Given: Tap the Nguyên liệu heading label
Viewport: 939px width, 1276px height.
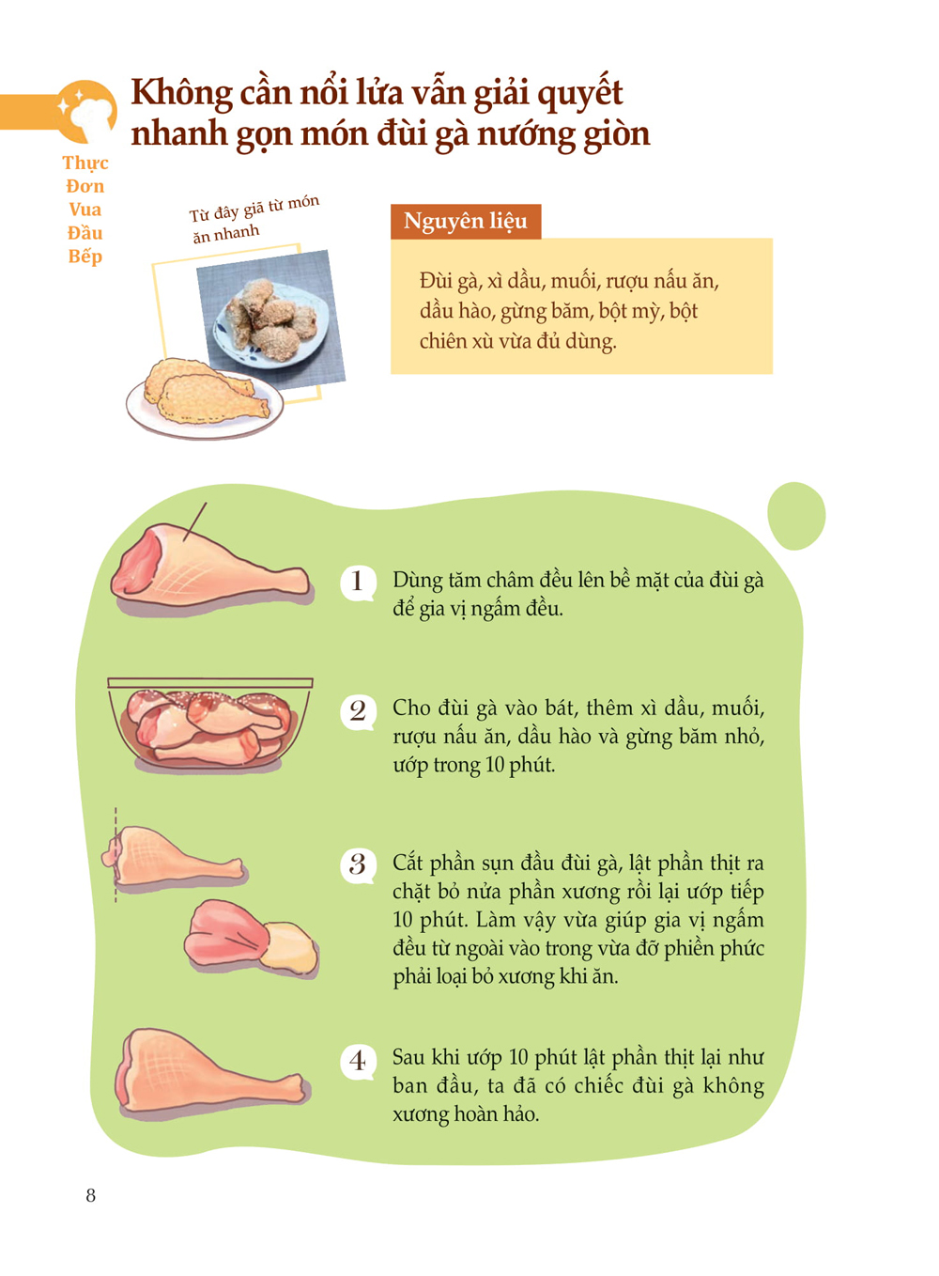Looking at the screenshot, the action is [465, 221].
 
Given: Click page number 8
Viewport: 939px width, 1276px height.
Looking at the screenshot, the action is [91, 1194].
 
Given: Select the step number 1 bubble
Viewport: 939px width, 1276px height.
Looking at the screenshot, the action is [358, 583].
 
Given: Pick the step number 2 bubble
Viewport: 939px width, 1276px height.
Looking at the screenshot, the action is [358, 711].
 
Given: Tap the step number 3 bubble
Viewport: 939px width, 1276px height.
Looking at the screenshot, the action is [358, 864].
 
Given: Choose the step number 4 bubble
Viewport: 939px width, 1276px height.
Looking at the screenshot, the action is [358, 1061].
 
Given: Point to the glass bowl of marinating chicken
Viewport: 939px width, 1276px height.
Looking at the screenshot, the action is [210, 724].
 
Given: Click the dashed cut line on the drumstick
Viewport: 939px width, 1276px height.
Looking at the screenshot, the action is [115, 854].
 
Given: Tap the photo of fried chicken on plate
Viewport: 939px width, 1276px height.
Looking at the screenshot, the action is [271, 319].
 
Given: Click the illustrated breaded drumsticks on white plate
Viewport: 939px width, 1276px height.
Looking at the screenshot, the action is [205, 398].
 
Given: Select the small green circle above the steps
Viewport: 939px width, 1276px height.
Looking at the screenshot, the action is [796, 516].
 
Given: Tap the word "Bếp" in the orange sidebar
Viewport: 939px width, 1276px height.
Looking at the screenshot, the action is [85, 257].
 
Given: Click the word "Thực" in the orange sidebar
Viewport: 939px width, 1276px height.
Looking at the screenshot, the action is [85, 163].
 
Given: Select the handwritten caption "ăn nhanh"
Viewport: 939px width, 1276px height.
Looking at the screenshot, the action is [225, 234].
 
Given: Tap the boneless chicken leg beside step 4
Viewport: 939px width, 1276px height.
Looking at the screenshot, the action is [210, 1071].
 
